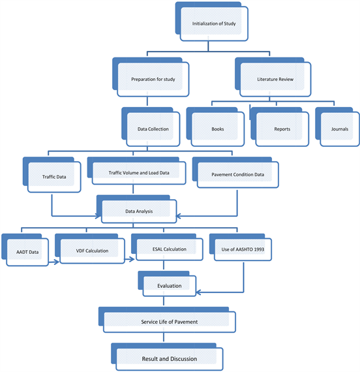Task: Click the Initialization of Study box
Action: pyautogui.click(x=211, y=22)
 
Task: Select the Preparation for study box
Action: pyautogui.click(x=151, y=77)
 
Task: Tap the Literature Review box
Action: pyautogui.click(x=273, y=77)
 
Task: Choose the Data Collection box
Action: pyautogui.click(x=151, y=127)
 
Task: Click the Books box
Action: pyautogui.click(x=215, y=127)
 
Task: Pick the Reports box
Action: pyautogui.click(x=280, y=127)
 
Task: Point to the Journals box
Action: pyautogui.click(x=337, y=127)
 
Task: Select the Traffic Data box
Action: pyautogui.click(x=52, y=175)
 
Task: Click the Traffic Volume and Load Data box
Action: pyautogui.click(x=136, y=171)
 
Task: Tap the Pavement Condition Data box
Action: pyautogui.click(x=235, y=172)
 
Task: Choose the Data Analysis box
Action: pyautogui.click(x=136, y=209)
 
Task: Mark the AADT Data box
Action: pyautogui.click(x=25, y=250)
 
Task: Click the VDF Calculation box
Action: pyautogui.click(x=90, y=249)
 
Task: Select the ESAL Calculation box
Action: pyautogui.click(x=167, y=247)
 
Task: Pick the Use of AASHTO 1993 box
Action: pyautogui.click(x=241, y=247)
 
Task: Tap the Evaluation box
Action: pyautogui.click(x=167, y=284)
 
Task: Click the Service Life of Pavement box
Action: pyautogui.click(x=167, y=320)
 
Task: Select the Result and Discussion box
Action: pyautogui.click(x=167, y=357)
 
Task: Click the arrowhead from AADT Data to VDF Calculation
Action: pyautogui.click(x=57, y=262)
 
